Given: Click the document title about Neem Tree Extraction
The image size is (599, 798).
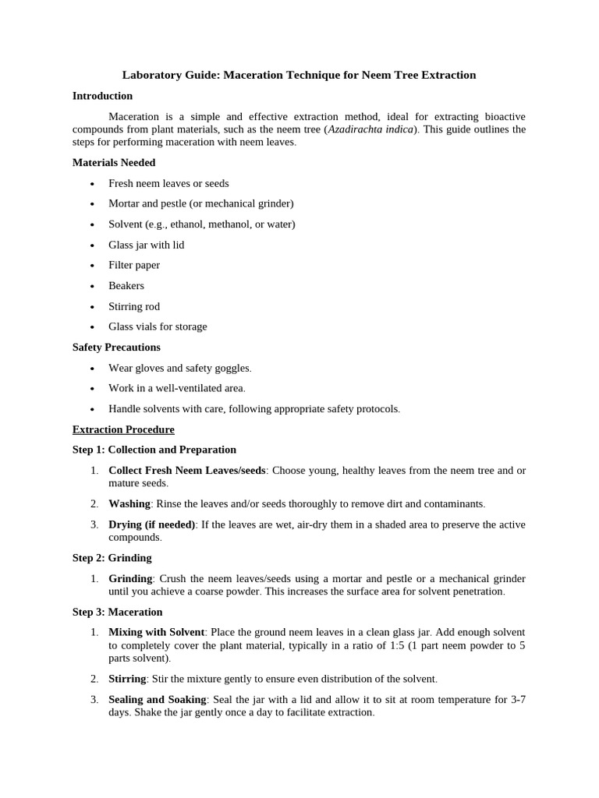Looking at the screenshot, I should [x=299, y=76].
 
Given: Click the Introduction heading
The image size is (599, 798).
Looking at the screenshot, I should [x=102, y=96].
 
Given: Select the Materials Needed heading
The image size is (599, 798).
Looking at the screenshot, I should [x=114, y=163].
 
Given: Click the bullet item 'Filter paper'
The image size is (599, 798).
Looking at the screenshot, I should [x=134, y=265].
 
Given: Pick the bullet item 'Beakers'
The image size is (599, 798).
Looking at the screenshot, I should [x=126, y=286].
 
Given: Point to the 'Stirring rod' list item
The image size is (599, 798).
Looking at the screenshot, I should [x=134, y=306].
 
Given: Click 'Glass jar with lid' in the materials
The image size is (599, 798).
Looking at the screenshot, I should [x=147, y=245].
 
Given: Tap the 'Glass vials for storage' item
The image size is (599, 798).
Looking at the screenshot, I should [x=158, y=327].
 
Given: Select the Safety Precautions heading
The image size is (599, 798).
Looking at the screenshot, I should [x=116, y=348].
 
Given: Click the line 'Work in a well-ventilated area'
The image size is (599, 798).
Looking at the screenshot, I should [x=177, y=388].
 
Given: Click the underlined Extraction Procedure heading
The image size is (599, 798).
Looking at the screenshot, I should [x=123, y=429].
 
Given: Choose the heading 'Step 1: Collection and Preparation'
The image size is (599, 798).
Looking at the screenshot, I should [x=154, y=450].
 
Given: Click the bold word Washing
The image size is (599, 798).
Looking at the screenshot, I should [x=129, y=504].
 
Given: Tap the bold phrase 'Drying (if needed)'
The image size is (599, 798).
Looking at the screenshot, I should [x=152, y=524].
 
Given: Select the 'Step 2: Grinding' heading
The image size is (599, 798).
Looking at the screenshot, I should [x=112, y=558].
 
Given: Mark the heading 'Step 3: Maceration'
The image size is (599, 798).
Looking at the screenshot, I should [x=118, y=613].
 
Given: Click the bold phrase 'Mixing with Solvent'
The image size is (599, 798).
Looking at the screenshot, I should [x=157, y=632].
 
